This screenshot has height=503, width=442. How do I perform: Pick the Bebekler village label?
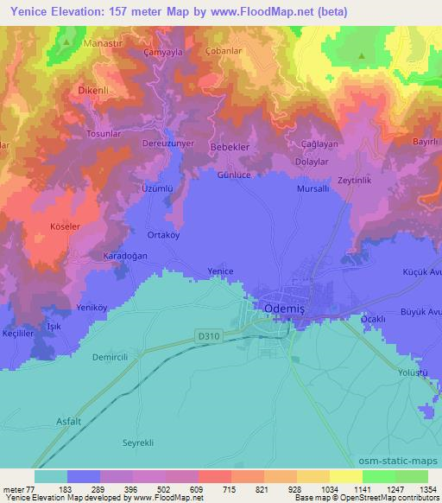[x=230, y=148]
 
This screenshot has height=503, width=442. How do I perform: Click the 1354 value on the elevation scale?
[x=426, y=488]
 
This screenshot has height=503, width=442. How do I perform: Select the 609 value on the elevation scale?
[x=181, y=488]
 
